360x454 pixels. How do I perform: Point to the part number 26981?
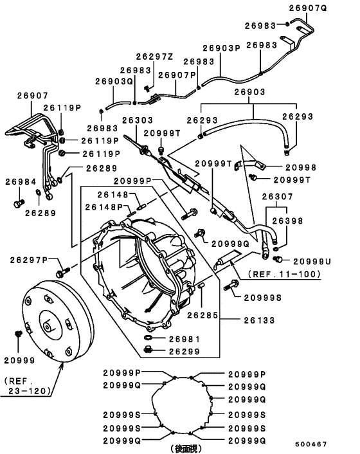[x=184, y=338]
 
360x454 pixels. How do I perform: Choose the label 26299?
[x=184, y=351]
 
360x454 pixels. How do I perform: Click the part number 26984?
[x=21, y=182]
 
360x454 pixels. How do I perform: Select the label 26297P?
[x=29, y=260]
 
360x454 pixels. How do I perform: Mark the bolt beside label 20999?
[x=18, y=334]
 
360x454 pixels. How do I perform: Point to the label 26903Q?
[x=114, y=81]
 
